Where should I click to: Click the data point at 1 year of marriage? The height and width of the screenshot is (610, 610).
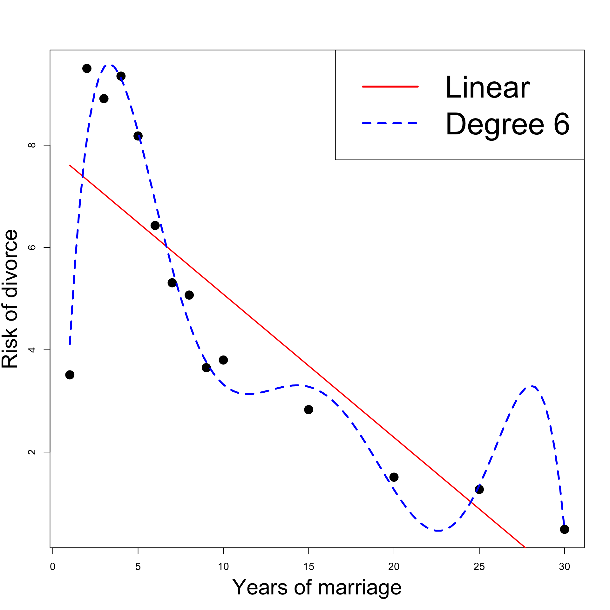(x=70, y=375)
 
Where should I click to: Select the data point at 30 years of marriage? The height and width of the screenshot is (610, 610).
(x=564, y=529)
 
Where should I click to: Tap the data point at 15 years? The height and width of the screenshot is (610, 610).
(x=308, y=410)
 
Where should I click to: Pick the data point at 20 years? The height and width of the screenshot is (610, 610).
(x=394, y=477)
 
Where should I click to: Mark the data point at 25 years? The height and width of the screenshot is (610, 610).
(x=479, y=489)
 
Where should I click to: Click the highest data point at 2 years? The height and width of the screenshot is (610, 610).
(x=87, y=68)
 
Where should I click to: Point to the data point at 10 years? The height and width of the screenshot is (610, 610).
(x=223, y=360)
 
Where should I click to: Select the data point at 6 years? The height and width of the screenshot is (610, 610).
(x=155, y=226)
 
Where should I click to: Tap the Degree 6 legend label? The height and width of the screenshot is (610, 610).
(x=507, y=124)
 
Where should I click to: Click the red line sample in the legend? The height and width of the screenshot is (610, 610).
(x=390, y=86)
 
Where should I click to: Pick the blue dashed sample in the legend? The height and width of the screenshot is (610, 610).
(x=390, y=123)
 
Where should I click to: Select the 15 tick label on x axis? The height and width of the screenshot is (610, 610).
(x=308, y=566)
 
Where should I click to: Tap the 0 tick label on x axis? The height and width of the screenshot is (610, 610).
(x=53, y=566)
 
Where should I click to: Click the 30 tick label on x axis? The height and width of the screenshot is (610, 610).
(x=564, y=566)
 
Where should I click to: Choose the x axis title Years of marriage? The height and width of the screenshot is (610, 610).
(x=317, y=587)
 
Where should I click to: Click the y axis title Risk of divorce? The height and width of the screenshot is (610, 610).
(x=10, y=299)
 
